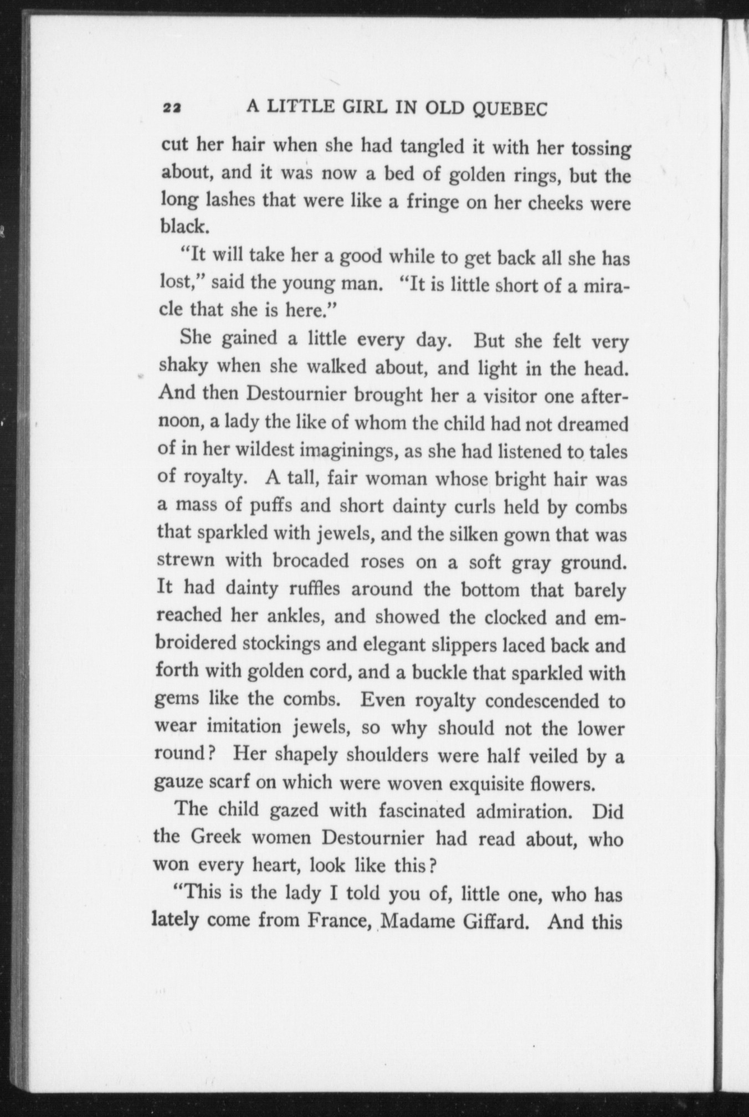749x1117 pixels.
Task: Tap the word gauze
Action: [180, 783]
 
